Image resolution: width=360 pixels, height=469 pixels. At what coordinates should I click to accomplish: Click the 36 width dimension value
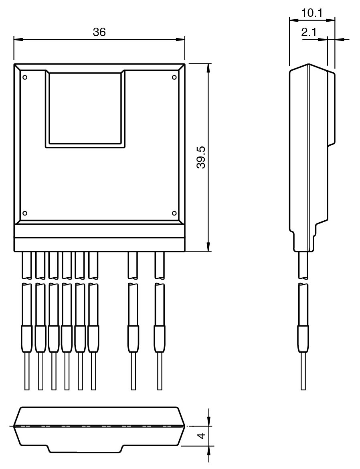click(99, 32)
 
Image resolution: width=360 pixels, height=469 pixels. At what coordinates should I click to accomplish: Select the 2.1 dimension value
click(309, 32)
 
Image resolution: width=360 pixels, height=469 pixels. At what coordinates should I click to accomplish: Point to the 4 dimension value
click(202, 436)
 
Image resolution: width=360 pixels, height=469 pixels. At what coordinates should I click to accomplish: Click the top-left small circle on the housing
click(25, 77)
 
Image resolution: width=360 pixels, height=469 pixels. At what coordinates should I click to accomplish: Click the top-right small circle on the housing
click(174, 77)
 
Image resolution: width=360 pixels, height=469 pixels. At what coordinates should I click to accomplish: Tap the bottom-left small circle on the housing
click(25, 213)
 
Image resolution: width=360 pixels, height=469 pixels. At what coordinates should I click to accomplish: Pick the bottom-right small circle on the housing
click(174, 213)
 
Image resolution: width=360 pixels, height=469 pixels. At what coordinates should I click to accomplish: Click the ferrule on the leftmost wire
click(27, 339)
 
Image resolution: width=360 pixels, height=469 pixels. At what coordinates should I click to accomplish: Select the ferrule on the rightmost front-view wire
click(160, 339)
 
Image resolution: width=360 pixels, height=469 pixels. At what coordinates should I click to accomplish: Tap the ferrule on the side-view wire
click(303, 339)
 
